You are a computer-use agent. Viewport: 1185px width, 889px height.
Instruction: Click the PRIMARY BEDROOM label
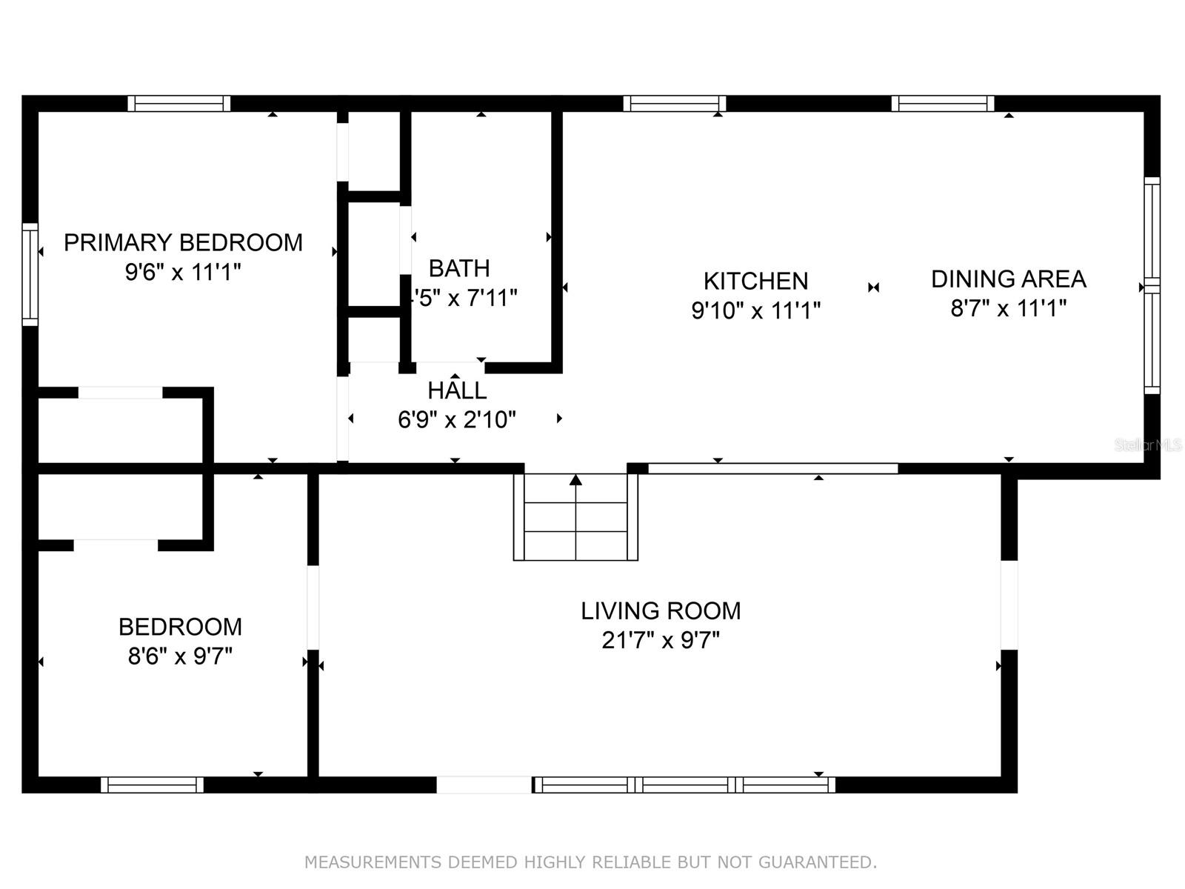pos(183,242)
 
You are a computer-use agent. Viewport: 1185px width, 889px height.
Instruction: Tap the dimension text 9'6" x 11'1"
pos(183,272)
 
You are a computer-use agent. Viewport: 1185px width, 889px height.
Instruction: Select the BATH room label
pos(459,267)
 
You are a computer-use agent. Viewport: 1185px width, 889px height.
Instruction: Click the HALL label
pos(457,390)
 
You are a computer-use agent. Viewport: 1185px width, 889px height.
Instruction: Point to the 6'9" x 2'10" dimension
pos(457,420)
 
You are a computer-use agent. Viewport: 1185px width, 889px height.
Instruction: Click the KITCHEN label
pos(755,281)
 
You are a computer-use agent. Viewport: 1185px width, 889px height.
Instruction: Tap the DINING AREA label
pos(1008,279)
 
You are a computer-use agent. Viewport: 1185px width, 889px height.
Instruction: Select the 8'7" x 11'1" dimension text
pos(1008,308)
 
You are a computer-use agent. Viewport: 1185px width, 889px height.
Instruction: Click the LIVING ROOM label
pos(661,610)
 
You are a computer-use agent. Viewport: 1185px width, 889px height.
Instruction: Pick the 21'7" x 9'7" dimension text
pos(661,640)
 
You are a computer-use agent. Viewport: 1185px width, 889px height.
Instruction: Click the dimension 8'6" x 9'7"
pos(180,656)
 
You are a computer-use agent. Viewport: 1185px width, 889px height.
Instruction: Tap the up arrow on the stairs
pos(575,481)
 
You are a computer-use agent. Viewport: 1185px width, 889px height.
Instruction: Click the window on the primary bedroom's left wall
pos(30,274)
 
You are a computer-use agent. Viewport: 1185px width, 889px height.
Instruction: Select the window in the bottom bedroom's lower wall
pos(152,785)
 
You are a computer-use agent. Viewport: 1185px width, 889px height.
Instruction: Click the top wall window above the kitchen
pos(674,103)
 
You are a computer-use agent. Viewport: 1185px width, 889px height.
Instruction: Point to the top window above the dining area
pos(942,103)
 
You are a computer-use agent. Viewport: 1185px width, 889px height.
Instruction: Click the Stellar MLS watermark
pos(1149,445)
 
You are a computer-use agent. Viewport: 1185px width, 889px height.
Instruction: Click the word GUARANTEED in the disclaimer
pos(820,862)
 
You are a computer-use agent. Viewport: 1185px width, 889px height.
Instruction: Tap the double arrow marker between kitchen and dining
pos(874,287)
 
